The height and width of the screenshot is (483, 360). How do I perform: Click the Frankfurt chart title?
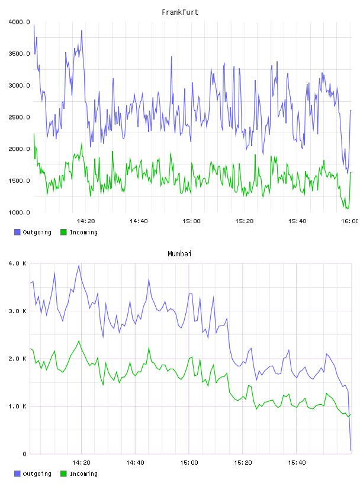point(180,12)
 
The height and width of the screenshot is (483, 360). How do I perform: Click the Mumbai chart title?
point(179,254)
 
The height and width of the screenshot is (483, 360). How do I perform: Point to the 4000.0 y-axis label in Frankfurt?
point(20,22)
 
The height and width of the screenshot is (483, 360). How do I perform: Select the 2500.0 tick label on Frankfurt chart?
point(20,117)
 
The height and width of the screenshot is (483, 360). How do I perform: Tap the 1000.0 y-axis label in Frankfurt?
point(20,212)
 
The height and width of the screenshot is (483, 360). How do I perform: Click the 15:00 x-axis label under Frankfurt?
point(191,221)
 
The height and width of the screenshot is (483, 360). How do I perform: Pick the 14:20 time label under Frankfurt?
point(86,221)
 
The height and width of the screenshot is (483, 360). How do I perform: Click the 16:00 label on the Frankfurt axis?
point(349,221)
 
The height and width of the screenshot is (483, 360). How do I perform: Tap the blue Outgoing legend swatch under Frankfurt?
point(17,232)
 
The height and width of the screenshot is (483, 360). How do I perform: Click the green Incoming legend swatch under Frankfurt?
point(63,232)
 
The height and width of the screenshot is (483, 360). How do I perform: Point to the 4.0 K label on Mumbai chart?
point(18,263)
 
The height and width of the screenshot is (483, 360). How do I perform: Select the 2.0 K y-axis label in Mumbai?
point(18,359)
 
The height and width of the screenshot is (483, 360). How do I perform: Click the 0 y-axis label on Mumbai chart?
point(25,454)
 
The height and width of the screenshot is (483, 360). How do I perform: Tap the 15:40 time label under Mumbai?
point(297,462)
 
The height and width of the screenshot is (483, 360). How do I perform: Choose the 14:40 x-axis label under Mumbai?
point(135,462)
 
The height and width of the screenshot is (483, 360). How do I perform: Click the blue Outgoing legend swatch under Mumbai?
point(17,474)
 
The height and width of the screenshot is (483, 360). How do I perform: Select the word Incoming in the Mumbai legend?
point(83,474)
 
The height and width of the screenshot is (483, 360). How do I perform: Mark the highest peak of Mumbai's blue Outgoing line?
point(79,265)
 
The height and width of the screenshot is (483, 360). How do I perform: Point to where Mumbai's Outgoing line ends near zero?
point(351,450)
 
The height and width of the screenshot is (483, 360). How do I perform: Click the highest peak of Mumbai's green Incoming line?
point(79,341)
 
